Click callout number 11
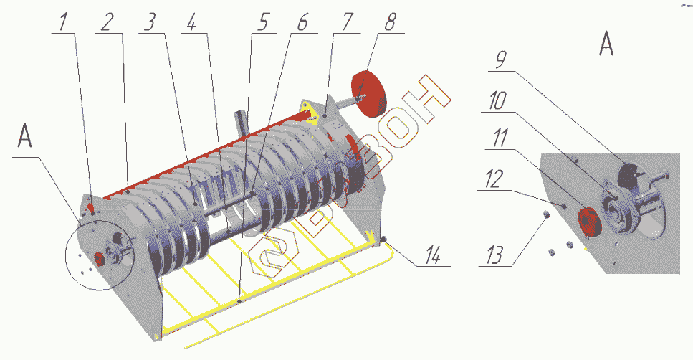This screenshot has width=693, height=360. (x=498, y=141)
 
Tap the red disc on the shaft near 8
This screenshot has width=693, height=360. (x=370, y=93)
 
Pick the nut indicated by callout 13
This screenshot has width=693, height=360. (x=546, y=213)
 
